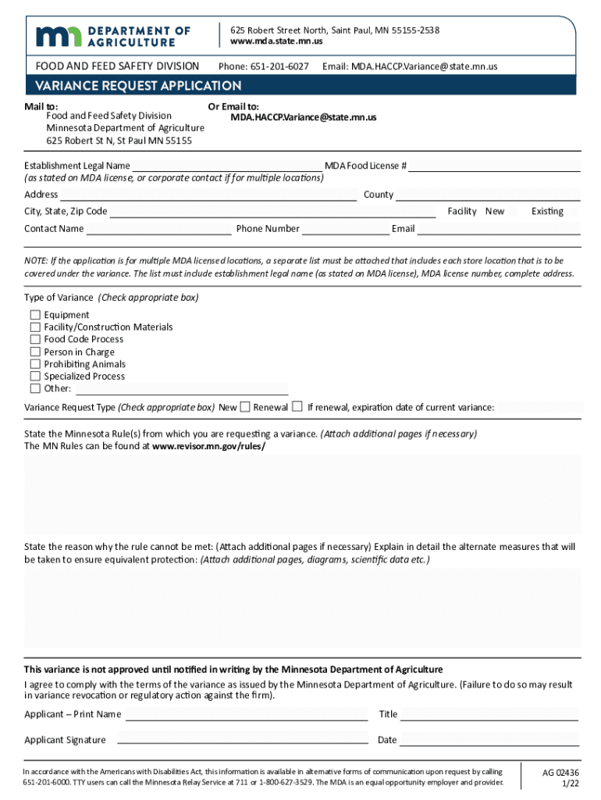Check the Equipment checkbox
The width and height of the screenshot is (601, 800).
tap(35, 315)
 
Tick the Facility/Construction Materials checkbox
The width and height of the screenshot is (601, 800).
tap(35, 327)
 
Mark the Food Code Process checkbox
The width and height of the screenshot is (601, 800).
tap(35, 340)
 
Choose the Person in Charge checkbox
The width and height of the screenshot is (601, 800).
tap(35, 352)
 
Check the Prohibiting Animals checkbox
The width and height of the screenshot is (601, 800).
tap(35, 364)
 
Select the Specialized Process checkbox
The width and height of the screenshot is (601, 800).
tap(35, 377)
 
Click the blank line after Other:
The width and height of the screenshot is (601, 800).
tap(181, 389)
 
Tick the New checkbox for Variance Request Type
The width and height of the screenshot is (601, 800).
tap(245, 407)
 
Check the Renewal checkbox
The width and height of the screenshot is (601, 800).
tap(297, 407)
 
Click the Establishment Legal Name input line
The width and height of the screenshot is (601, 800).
tap(226, 166)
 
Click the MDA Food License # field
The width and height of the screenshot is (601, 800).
tap(495, 166)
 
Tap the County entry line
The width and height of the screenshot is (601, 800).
tap(489, 195)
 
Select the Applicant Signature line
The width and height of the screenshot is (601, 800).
tap(242, 740)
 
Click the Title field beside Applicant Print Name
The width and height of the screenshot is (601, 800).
tap(489, 714)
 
